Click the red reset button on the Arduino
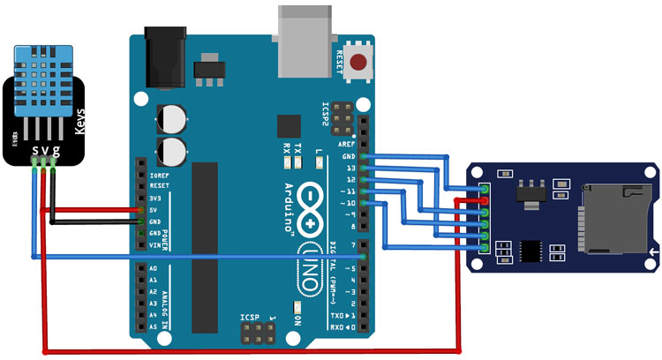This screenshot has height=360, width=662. pyautogui.click(x=359, y=63)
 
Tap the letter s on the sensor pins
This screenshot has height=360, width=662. pyautogui.click(x=35, y=152)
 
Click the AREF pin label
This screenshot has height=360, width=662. pyautogui.click(x=345, y=144)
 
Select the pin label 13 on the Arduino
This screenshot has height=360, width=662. pyautogui.click(x=349, y=167)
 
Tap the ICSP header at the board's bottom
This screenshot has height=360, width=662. pyautogui.click(x=256, y=333)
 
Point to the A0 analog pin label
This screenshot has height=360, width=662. pyautogui.click(x=152, y=268)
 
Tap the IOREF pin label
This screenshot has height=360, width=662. pyautogui.click(x=159, y=176)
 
